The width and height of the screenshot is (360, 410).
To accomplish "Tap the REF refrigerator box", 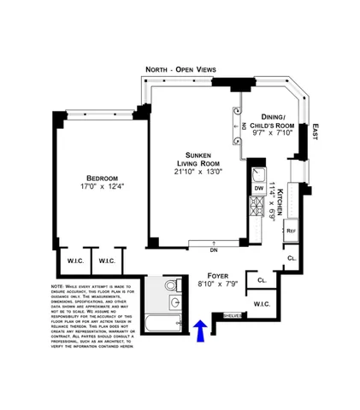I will (291, 231).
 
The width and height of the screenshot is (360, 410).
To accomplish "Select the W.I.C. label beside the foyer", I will (261, 304).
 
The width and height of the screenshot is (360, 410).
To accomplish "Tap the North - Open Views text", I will (180, 68).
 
